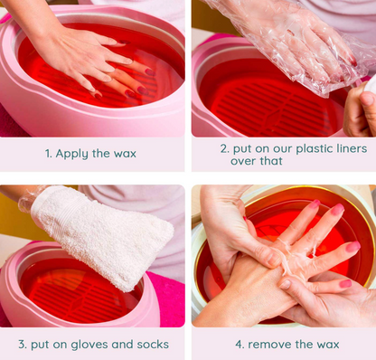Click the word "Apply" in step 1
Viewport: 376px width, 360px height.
click(71, 154)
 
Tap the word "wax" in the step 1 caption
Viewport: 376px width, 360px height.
click(125, 154)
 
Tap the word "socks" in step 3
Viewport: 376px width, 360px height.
click(153, 345)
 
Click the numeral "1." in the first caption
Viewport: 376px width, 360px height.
click(49, 154)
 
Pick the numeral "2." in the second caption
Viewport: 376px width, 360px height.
click(225, 148)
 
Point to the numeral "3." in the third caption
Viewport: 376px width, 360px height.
click(23, 345)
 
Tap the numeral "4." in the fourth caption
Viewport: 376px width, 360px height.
click(240, 345)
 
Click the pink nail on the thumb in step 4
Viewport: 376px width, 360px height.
click(345, 283)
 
